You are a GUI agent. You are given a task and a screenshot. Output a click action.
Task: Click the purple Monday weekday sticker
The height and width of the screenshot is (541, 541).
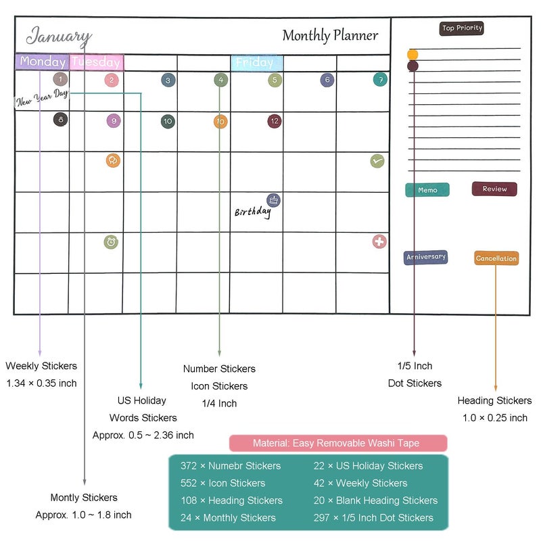[x=42, y=62]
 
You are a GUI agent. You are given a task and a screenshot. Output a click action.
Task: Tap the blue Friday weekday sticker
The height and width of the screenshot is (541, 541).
[x=257, y=63]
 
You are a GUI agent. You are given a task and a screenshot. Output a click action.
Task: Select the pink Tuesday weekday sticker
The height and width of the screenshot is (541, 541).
[x=96, y=62]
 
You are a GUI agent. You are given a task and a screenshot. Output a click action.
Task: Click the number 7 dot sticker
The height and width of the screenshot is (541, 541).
[x=380, y=80]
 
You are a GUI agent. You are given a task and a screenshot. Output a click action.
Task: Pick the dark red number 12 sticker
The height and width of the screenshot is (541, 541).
[x=275, y=121]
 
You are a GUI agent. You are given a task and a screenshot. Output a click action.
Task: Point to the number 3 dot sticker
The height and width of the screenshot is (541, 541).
[x=168, y=80]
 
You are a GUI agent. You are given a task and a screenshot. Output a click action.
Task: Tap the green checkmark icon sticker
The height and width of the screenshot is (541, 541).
[x=377, y=161]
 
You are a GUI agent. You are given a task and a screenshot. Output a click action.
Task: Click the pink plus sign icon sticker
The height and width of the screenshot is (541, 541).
[x=379, y=241]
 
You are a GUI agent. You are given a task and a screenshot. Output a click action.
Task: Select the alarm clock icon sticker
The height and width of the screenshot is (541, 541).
[x=111, y=242]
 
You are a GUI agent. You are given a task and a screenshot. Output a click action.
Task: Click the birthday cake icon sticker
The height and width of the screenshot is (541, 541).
[x=273, y=200]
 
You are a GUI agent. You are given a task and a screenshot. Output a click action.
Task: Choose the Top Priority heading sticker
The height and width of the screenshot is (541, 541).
[x=462, y=28]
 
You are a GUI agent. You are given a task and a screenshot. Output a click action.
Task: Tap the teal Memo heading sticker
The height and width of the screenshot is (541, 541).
[x=427, y=190]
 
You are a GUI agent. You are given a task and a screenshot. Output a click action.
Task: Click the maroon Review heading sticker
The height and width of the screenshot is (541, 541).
[x=494, y=189]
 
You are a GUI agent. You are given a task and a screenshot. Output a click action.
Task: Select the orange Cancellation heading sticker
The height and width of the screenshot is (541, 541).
[x=496, y=258]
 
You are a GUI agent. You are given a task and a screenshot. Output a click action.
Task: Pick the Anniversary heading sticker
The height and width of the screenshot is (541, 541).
[x=426, y=257]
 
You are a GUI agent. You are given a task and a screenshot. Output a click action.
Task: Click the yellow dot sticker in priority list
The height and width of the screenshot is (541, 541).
[x=413, y=55]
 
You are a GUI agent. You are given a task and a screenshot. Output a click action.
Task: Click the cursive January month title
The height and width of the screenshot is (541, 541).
[x=59, y=37]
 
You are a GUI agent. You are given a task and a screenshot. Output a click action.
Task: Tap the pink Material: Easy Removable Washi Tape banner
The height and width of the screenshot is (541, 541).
[x=338, y=443]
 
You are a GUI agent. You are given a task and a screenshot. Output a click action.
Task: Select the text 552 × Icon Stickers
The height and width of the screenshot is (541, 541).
[x=223, y=483]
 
